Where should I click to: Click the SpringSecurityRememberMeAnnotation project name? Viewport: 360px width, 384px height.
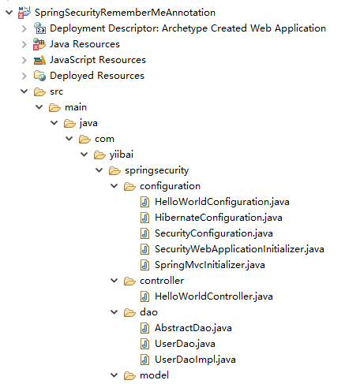click(125, 13)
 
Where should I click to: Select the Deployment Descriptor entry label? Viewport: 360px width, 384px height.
click(188, 28)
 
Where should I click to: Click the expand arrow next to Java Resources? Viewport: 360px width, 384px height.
click(24, 44)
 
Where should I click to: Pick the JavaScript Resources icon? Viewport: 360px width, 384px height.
click(39, 60)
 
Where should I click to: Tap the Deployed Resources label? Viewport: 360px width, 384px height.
click(97, 76)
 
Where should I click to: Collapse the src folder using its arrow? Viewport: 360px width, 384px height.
click(24, 91)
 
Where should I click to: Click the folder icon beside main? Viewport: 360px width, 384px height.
click(54, 107)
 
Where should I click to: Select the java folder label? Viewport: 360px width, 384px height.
click(88, 123)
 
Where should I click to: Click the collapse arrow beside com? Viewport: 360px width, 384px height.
click(69, 139)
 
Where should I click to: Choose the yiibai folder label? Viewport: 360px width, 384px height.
click(122, 155)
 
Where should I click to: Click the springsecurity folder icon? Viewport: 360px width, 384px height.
click(114, 170)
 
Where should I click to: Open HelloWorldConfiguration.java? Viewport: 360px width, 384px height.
click(222, 202)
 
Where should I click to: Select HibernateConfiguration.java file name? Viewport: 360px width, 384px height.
click(219, 218)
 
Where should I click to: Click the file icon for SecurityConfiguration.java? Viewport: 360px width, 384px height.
click(144, 233)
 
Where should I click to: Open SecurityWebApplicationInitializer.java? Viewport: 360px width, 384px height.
click(239, 249)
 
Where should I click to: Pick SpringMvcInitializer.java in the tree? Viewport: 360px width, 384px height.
click(210, 265)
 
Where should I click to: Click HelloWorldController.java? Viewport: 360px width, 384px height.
click(214, 296)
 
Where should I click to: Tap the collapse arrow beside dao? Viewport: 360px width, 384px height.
click(114, 312)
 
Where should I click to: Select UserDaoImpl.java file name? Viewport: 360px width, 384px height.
click(195, 360)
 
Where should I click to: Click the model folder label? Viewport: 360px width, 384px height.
click(154, 375)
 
